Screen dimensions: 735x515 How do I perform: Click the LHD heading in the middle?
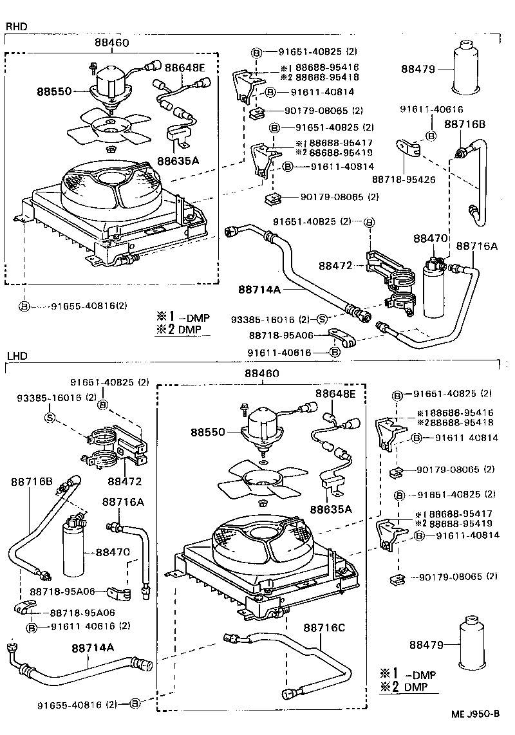[x=17, y=355]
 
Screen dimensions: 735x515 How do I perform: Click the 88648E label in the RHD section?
[x=184, y=67]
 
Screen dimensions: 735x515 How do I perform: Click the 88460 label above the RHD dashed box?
[x=112, y=42]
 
